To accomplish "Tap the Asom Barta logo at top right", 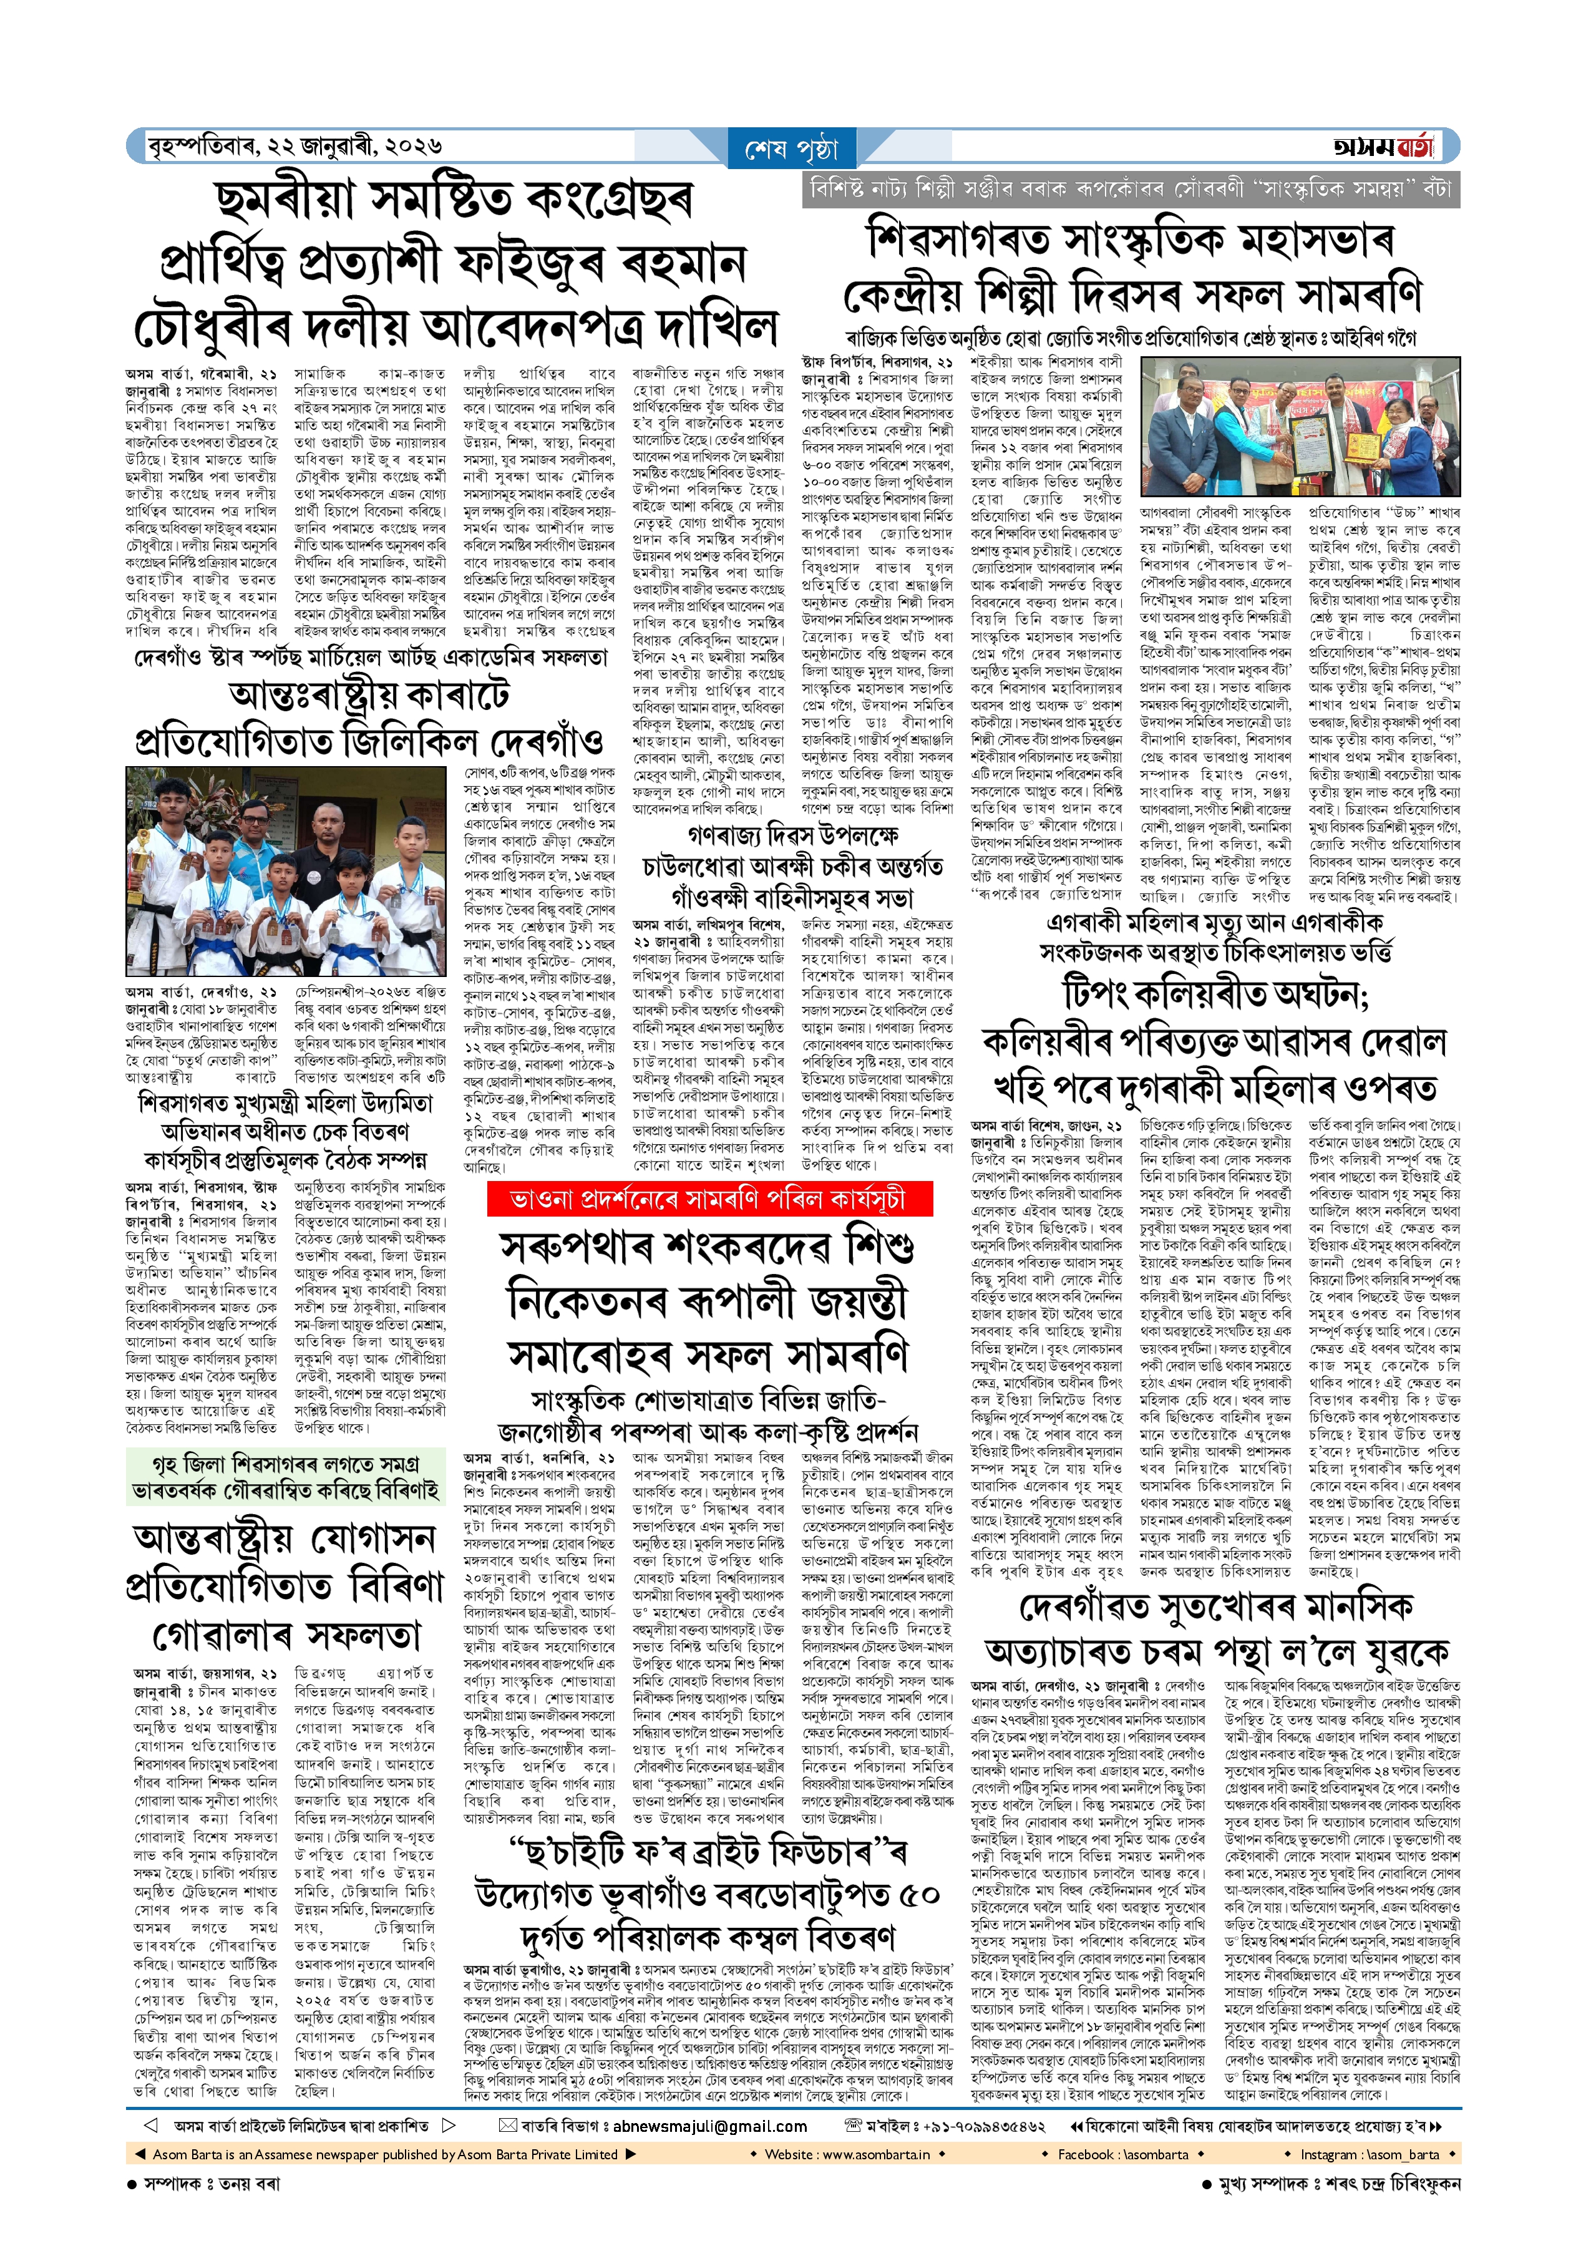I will pyautogui.click(x=1383, y=147).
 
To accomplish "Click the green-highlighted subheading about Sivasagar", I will pyautogui.click(x=284, y=1477).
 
